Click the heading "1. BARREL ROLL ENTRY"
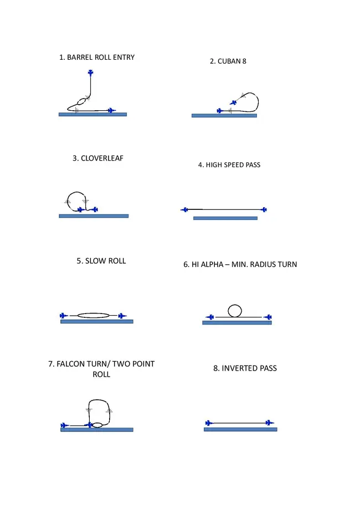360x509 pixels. [x=97, y=58]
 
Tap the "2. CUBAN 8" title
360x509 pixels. [x=228, y=61]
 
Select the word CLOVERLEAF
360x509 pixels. [x=102, y=158]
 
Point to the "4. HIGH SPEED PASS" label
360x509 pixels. [x=229, y=165]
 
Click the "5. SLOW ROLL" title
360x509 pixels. [x=101, y=261]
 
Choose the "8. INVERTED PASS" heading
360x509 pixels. [x=245, y=368]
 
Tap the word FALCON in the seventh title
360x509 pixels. [x=69, y=364]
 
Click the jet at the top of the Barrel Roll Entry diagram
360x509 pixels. [x=91, y=73]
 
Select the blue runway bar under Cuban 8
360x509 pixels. [x=224, y=116]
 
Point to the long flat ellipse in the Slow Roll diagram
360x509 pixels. [x=94, y=315]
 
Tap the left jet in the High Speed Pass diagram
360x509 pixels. [x=184, y=210]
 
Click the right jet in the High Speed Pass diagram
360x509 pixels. [x=264, y=210]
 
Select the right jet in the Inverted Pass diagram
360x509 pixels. [x=269, y=423]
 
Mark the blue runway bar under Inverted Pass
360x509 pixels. [x=240, y=429]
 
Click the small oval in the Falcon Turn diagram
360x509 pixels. [x=97, y=425]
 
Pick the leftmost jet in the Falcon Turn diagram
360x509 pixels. [x=65, y=425]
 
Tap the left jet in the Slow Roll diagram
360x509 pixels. [x=64, y=316]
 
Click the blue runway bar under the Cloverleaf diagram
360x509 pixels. [x=94, y=216]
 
